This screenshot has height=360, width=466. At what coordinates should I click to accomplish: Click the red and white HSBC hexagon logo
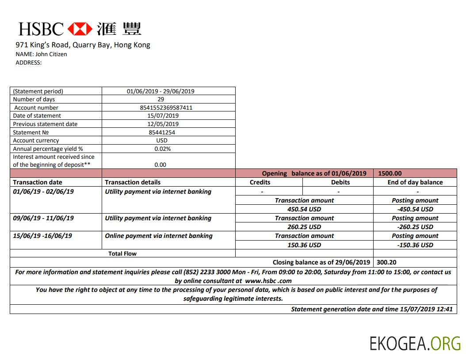click(x=80, y=29)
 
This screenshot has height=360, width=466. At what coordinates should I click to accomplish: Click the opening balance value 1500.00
click(x=390, y=173)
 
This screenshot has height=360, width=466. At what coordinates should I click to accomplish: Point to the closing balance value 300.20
click(x=386, y=262)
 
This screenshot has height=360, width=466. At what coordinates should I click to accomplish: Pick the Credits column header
click(x=260, y=182)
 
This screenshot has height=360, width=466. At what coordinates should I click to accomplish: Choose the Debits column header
click(x=340, y=182)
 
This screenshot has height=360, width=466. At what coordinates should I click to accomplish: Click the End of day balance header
click(x=415, y=182)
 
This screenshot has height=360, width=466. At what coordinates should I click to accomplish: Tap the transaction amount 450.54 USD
click(x=304, y=209)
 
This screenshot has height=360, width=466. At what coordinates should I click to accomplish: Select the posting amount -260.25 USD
click(x=415, y=227)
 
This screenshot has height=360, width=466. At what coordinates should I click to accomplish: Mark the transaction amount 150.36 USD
click(x=304, y=245)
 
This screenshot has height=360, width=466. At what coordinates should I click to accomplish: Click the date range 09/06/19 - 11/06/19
click(x=43, y=218)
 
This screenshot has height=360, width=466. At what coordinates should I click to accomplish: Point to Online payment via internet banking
click(x=158, y=236)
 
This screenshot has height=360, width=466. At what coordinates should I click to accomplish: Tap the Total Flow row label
click(x=122, y=254)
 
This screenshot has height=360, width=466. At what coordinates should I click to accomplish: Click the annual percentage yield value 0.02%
click(x=162, y=149)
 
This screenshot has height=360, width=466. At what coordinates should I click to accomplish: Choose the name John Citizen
click(x=51, y=54)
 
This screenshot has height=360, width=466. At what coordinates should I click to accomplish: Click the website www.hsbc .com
click(x=268, y=281)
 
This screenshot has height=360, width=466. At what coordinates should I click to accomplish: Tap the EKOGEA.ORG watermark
click(x=415, y=343)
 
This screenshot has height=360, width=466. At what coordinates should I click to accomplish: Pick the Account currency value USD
click(x=162, y=140)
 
